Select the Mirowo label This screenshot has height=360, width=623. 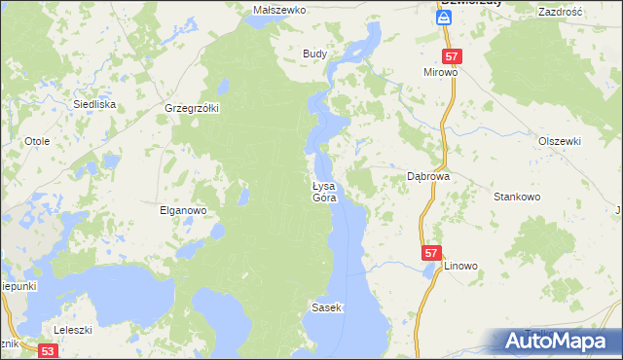pos(440,73)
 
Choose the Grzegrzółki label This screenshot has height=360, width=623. pos(193,108)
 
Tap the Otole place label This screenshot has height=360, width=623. pos(37,141)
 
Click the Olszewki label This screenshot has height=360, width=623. pos(561,140)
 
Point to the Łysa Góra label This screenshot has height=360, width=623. pos(323,192)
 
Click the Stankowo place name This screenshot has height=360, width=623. pos(517,197)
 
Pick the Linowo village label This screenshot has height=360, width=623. pos(461,265)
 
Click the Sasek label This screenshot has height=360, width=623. pos(326,307)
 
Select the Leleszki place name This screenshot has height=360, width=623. pos(72,329)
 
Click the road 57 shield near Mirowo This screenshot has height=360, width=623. pos(451,56)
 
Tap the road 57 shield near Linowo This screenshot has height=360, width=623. pos(432,252)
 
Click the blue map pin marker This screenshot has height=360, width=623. pos(444,13)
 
